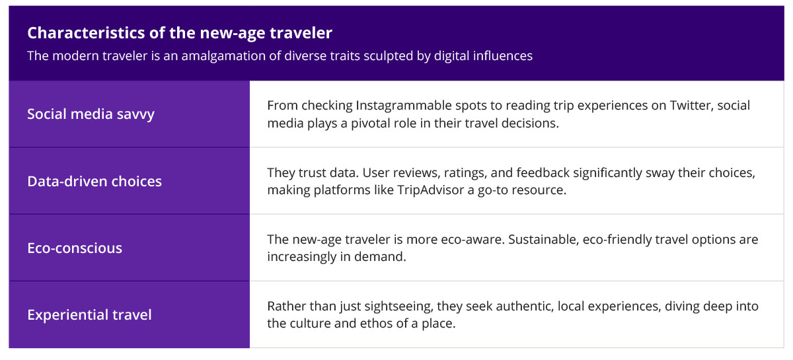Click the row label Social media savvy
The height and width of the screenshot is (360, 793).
tap(91, 114)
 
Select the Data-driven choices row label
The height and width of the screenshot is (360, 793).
tap(94, 181)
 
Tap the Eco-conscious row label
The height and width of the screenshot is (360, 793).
tap(75, 248)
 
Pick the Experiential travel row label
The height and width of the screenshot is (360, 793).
tap(89, 315)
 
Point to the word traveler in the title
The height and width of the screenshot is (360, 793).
tap(299, 32)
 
